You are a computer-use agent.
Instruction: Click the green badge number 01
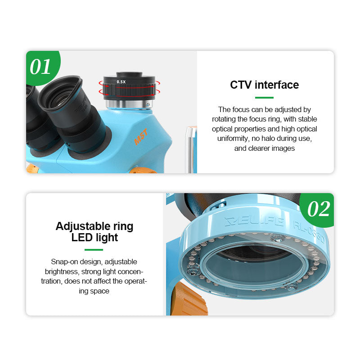coord(40,67)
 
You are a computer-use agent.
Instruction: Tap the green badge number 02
coord(319,209)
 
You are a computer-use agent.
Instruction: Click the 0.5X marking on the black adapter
coord(121,82)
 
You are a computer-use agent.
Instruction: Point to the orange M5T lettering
coord(141,137)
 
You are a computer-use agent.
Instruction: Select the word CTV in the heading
coord(241,85)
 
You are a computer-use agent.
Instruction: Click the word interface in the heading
coord(277,85)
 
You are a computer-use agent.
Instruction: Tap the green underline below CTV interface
coord(264,98)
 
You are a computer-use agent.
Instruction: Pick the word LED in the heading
coord(82,238)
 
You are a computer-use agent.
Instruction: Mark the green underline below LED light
coord(94,250)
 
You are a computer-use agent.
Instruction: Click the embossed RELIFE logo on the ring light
coord(254,221)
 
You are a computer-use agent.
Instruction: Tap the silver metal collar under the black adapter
coord(129,104)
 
